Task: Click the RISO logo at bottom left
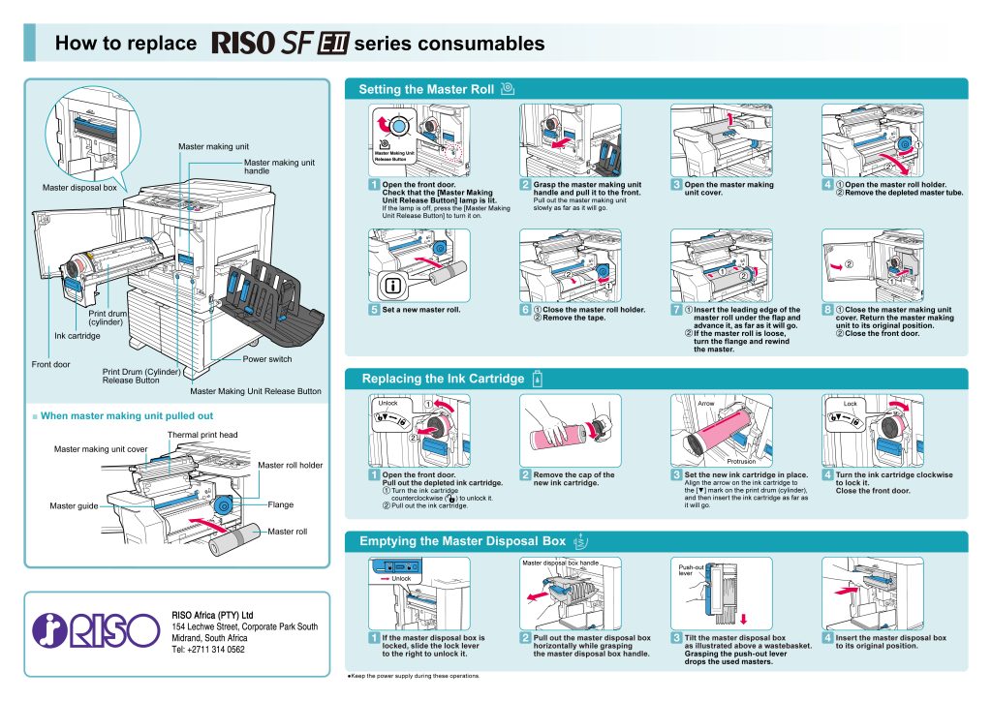tap(95, 630)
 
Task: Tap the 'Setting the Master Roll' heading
tap(426, 89)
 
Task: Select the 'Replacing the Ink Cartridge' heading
tap(443, 379)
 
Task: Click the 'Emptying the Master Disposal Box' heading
tap(462, 541)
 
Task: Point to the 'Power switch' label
tap(266, 359)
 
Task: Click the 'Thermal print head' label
tap(202, 435)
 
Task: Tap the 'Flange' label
tap(280, 504)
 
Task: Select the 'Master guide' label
tap(73, 505)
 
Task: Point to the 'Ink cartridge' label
tap(77, 336)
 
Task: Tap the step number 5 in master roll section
tap(374, 310)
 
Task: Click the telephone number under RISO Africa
tap(207, 650)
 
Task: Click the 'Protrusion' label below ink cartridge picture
tap(713, 462)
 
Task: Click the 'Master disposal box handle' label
tap(560, 563)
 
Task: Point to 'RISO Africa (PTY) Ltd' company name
tap(212, 615)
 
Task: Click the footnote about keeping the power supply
tap(414, 676)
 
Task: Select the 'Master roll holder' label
tap(290, 466)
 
